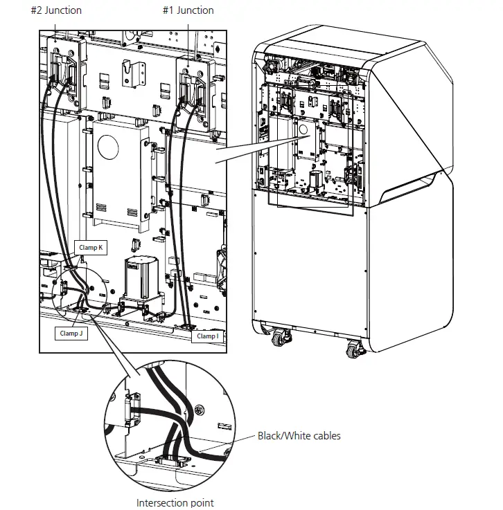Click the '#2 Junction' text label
(56, 10)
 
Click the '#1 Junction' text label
(188, 10)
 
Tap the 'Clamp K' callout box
(91, 248)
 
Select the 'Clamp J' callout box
(72, 333)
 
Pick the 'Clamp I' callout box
(206, 336)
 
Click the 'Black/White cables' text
(299, 436)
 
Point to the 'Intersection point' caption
(175, 503)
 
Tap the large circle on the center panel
(111, 147)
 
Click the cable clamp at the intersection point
(170, 460)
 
